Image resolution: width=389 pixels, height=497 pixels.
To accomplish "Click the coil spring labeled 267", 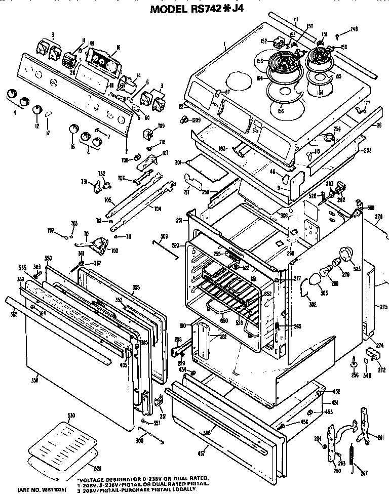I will pos(351,457).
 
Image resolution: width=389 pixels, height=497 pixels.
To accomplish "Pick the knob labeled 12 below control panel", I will pos(37,110).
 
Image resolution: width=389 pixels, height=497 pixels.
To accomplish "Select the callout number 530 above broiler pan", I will pos(71,416).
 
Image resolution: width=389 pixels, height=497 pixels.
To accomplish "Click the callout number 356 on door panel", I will pos(35,380).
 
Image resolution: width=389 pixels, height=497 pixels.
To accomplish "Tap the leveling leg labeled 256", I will pos(353,364).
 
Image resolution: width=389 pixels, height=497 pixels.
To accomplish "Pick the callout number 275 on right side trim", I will pos(384,306).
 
